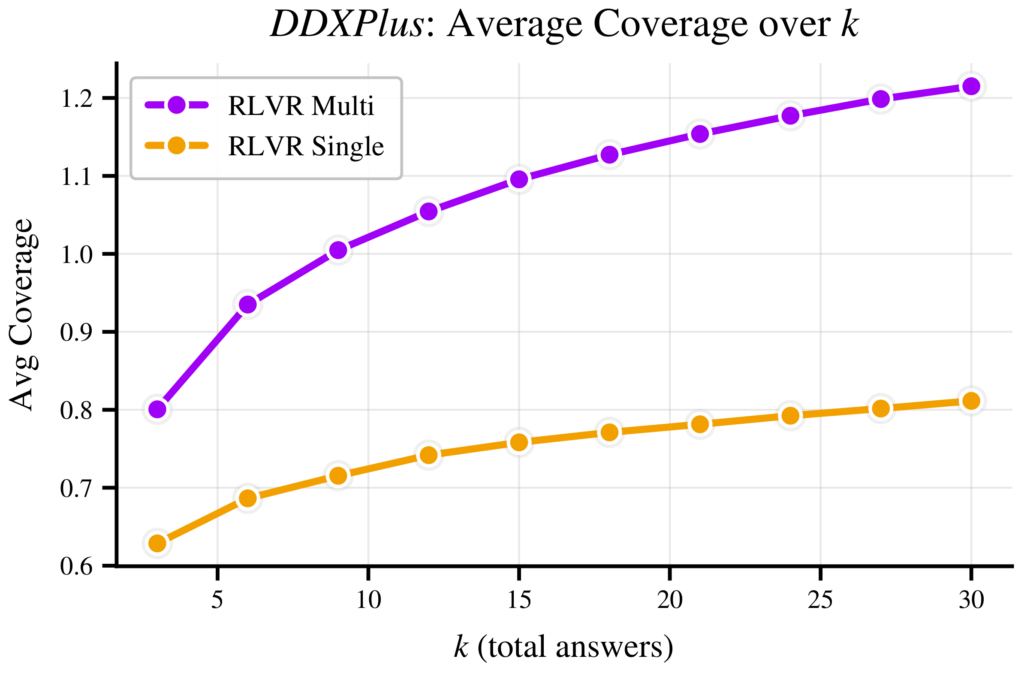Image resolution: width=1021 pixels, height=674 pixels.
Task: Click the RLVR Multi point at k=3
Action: [x=157, y=409]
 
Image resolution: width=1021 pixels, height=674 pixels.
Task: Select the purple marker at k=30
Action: [x=971, y=86]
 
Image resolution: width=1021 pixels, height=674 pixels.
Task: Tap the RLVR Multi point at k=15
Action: [x=519, y=179]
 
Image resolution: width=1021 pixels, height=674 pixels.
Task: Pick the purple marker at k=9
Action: [x=338, y=250]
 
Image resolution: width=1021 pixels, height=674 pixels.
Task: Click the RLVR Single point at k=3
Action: [x=157, y=543]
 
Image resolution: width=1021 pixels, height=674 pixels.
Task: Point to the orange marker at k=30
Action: [x=971, y=401]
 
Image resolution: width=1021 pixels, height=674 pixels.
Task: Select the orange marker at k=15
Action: [x=519, y=442]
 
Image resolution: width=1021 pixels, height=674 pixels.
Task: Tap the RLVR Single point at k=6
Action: [x=247, y=498]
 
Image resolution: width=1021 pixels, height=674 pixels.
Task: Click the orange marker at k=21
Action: [x=700, y=424]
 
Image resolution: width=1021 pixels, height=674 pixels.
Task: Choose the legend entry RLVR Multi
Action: [x=301, y=106]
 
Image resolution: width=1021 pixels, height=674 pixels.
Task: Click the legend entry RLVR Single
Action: [x=305, y=146]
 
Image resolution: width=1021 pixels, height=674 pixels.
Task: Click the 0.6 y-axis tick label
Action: [x=76, y=567]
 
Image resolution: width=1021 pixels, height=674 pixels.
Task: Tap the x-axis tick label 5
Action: [x=217, y=600]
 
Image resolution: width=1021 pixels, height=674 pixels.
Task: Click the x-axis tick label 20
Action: [x=670, y=600]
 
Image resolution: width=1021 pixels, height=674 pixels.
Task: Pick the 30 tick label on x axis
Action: [x=971, y=600]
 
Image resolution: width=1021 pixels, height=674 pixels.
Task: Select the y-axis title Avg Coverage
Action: [x=21, y=314]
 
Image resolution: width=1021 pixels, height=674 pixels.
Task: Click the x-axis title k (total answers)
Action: [x=563, y=647]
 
